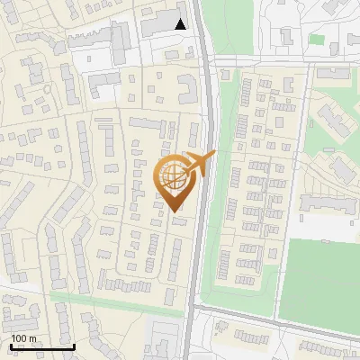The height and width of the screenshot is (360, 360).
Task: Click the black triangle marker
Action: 181,24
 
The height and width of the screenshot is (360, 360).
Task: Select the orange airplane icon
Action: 200,163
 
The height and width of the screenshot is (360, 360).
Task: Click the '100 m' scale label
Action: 24,338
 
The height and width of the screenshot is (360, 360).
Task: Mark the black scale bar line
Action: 41,346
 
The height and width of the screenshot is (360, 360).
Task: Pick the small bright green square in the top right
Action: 316,39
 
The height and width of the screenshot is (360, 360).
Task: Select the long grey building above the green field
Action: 328,205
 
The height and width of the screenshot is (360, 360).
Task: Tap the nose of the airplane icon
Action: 214,154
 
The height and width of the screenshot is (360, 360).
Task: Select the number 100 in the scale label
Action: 19,338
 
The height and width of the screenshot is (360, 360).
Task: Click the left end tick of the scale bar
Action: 11,346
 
